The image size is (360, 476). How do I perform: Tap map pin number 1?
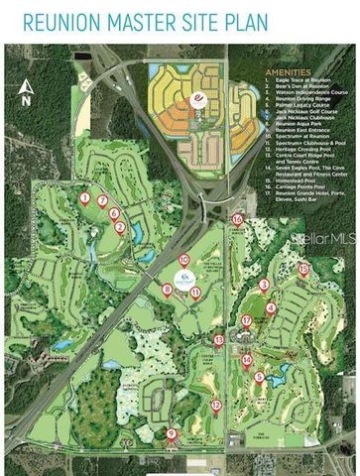(85, 198)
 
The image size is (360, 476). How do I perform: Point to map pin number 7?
(103, 201)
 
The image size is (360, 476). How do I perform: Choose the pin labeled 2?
(120, 227)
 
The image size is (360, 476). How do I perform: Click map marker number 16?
(237, 220)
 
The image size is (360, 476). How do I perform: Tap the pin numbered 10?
(184, 261)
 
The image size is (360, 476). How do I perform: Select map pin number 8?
(167, 290)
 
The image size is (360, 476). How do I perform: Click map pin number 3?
(265, 286)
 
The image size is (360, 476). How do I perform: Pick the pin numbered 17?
(247, 319)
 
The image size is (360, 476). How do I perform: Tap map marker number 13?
(218, 340)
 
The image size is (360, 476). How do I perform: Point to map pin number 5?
(260, 376)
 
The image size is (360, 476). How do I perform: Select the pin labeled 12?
(216, 404)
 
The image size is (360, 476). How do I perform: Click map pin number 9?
(172, 433)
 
